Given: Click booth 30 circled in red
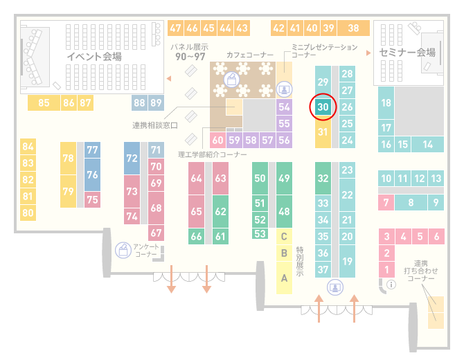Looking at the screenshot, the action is pos(323,107).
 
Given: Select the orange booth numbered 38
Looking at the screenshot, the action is pos(354,28).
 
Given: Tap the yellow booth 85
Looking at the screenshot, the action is pos(44,103).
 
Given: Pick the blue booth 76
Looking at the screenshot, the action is pos(92,174).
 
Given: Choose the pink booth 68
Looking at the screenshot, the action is pos(156,208).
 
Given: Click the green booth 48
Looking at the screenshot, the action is pos(284,212).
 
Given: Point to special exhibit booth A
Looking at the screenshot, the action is pos(284,278).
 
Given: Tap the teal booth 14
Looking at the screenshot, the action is pos(427,145).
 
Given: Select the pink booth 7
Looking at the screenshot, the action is pos(386,202).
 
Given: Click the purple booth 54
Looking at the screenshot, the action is pos(284,107).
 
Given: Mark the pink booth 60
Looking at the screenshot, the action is pos(217,140).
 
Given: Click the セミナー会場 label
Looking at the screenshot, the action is pos(407,53).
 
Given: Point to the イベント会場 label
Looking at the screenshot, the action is pos(94,56).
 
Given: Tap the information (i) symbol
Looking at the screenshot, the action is pos(391,285).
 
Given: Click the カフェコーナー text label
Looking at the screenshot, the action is pos(250,55).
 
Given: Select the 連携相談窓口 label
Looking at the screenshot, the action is pos(154,125).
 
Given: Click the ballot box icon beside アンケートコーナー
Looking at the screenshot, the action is pos(123,250).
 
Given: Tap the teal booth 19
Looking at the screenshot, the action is pos(347,261).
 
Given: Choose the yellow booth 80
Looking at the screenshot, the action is pos(28,213).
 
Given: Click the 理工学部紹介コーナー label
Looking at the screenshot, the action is pos(213,154).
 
